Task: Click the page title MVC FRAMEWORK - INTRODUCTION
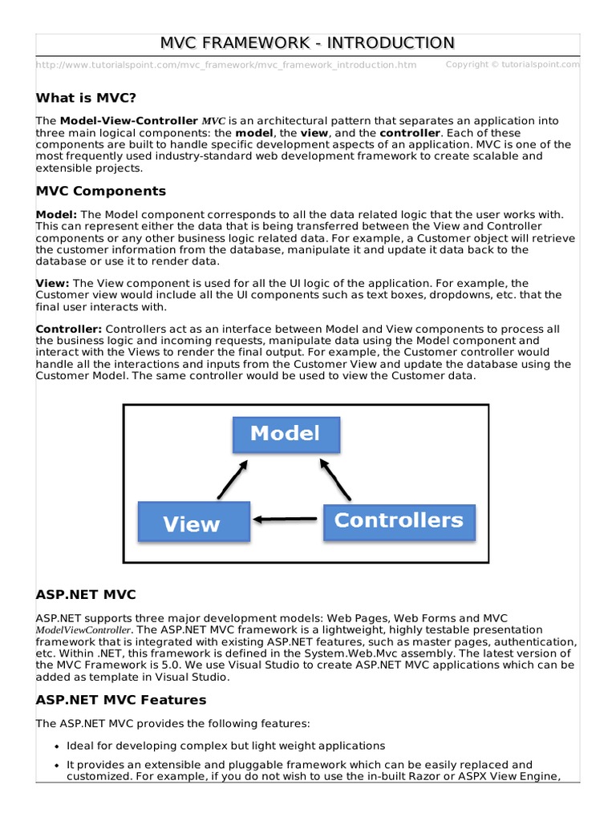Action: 308,42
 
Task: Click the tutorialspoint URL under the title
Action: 226,65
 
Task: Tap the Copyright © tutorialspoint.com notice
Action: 512,64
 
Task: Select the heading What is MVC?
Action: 86,98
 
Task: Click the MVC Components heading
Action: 101,191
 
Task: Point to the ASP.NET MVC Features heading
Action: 120,700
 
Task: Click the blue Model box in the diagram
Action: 286,434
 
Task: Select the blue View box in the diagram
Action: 192,524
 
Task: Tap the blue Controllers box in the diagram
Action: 399,520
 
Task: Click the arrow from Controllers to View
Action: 286,520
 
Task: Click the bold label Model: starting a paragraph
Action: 57,215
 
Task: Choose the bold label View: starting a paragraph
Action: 53,283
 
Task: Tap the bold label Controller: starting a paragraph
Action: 69,330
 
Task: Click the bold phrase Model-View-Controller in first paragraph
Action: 128,121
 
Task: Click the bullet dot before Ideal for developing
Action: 56,746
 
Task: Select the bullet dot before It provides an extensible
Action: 56,766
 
